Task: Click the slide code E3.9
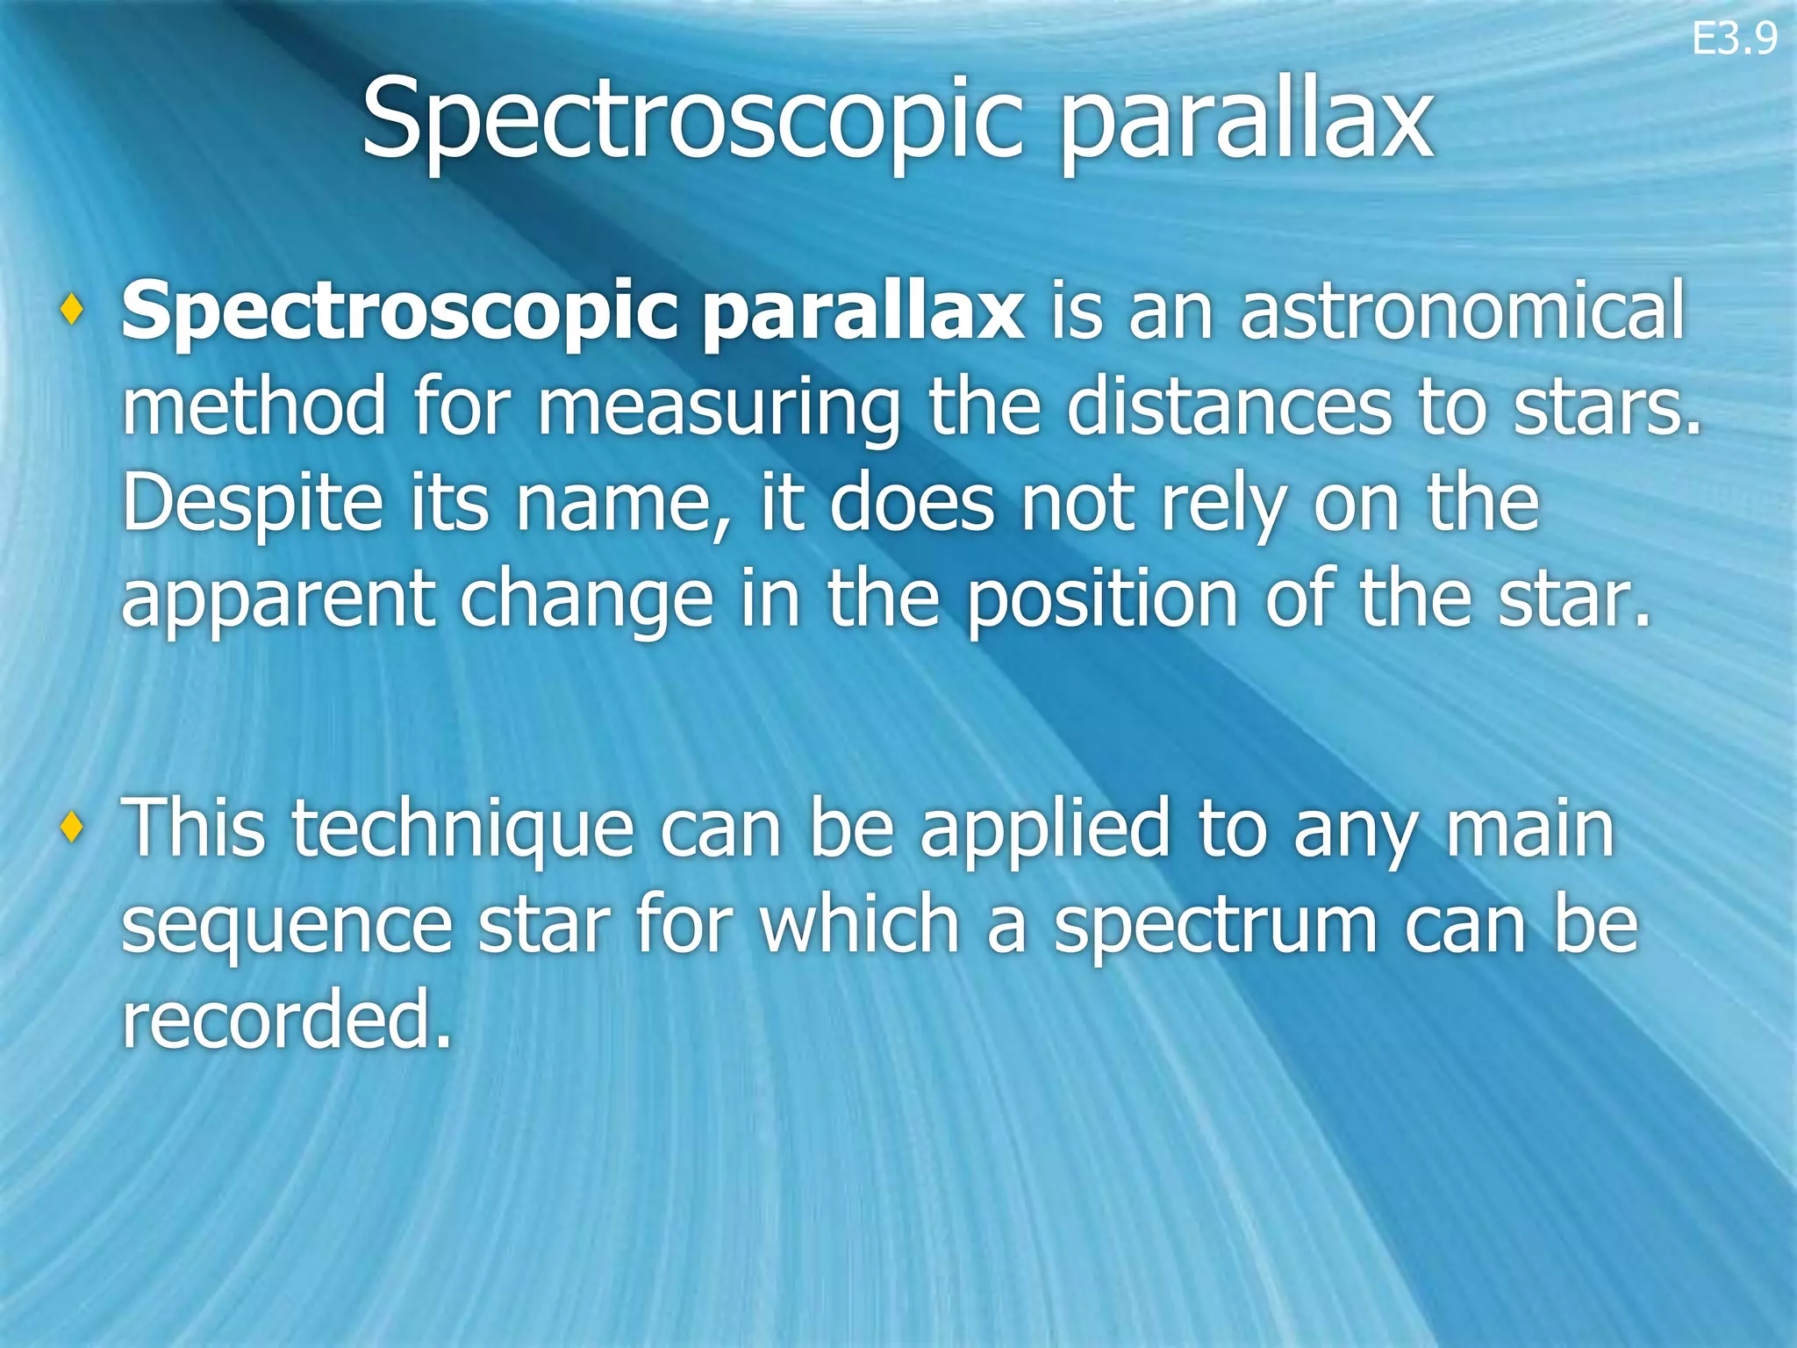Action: point(1734,39)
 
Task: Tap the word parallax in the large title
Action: point(1245,123)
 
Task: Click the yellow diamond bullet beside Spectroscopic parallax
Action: point(73,308)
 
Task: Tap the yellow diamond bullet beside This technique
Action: point(73,825)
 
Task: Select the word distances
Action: point(1228,405)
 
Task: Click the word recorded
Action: point(286,1019)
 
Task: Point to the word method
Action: point(254,405)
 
